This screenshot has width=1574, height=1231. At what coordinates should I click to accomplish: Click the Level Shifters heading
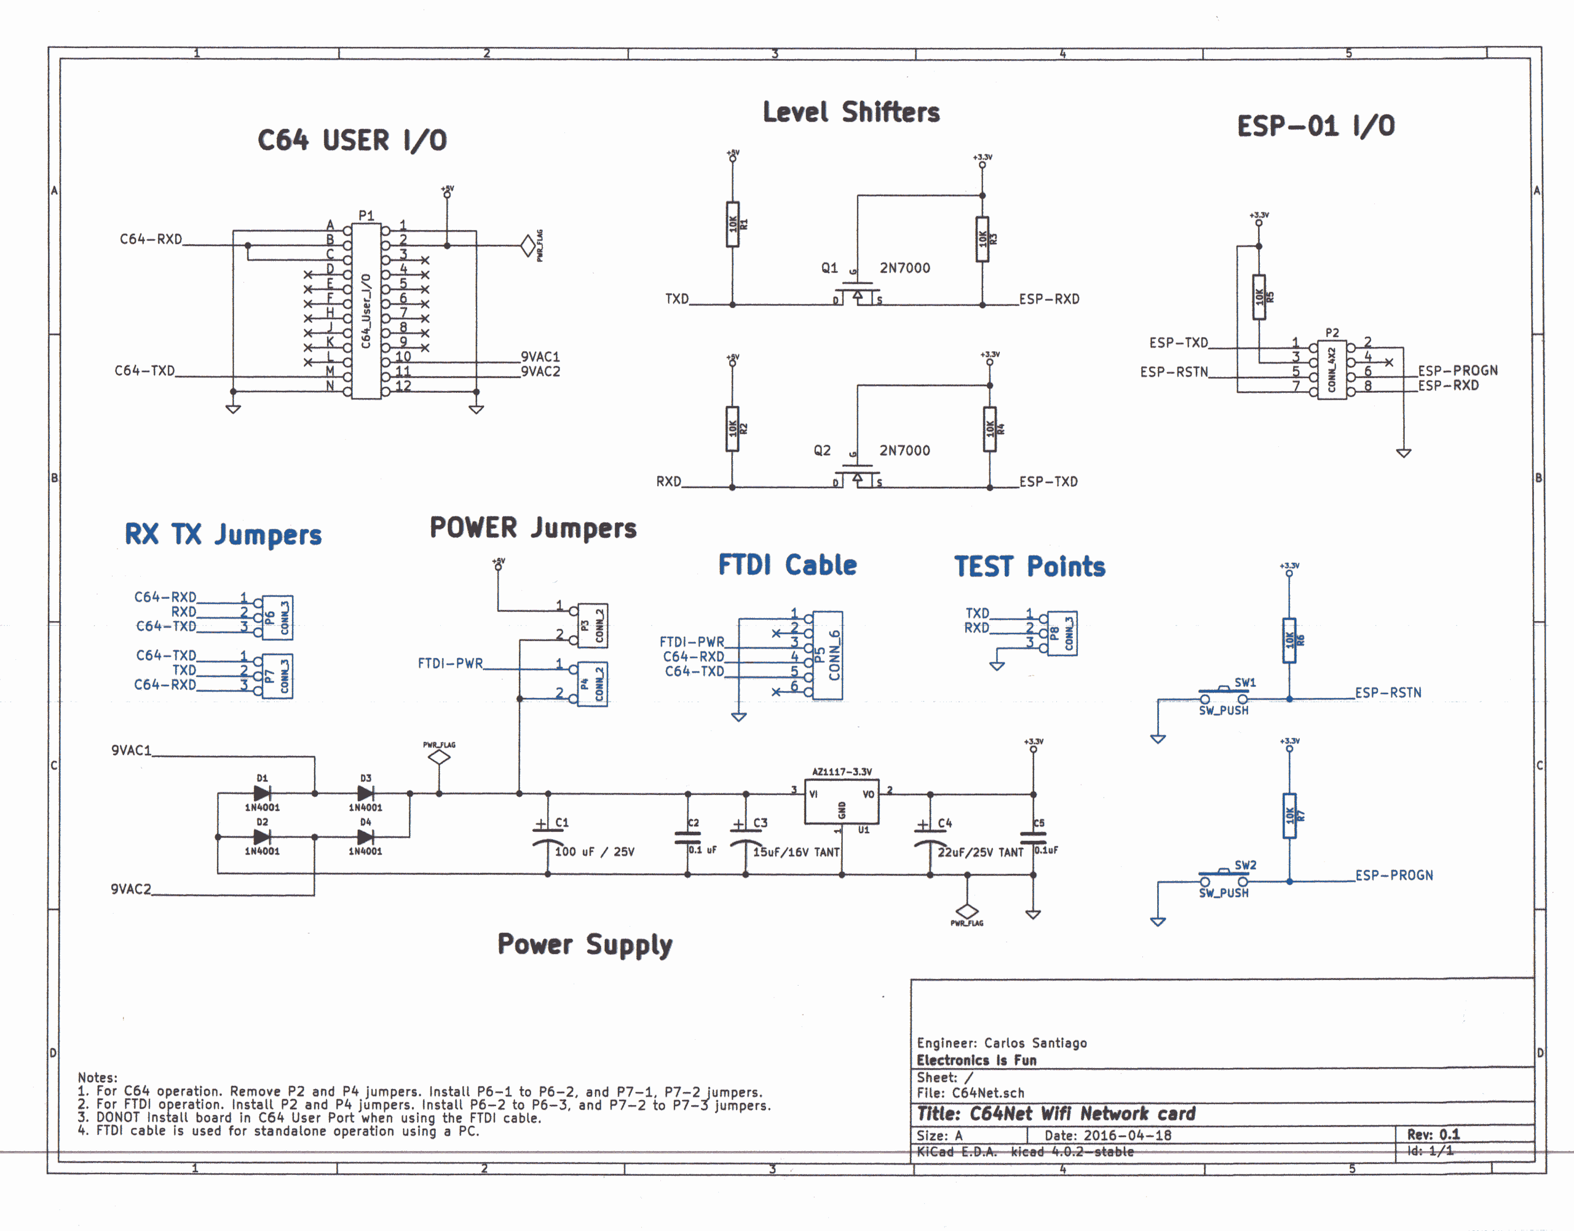[851, 113]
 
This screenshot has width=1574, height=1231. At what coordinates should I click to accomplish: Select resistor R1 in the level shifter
[732, 224]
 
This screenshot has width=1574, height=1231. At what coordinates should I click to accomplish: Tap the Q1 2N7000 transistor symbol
[857, 292]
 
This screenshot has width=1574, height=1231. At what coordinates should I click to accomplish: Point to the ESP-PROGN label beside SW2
[1394, 875]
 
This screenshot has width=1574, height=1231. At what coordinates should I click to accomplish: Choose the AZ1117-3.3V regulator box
[841, 801]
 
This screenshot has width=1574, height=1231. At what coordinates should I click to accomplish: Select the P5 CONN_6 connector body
[828, 654]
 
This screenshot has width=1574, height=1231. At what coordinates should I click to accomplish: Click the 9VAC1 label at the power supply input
[131, 750]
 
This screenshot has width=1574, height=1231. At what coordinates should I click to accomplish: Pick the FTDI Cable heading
[787, 565]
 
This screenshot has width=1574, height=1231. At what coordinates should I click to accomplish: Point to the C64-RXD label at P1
[151, 239]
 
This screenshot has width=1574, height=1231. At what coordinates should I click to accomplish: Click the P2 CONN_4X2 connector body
[1331, 370]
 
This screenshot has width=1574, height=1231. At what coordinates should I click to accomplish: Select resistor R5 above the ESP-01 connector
[1259, 296]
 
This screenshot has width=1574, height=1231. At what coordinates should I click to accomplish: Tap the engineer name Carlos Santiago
[1035, 1043]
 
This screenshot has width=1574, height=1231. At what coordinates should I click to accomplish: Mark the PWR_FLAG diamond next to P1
[528, 246]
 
